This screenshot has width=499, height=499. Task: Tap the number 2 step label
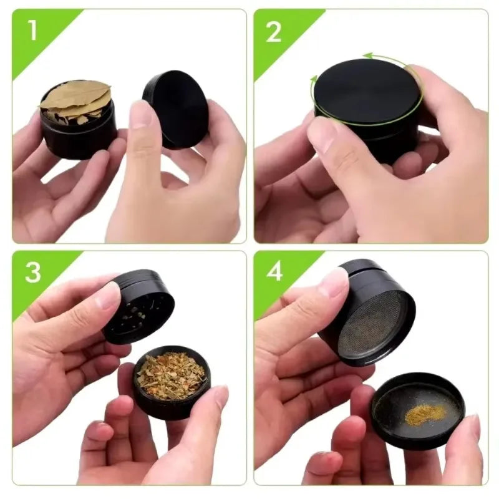click(274, 32)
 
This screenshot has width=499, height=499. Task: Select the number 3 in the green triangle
click(32, 273)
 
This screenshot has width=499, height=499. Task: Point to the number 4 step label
click(274, 272)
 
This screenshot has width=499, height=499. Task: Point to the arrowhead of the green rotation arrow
click(368, 56)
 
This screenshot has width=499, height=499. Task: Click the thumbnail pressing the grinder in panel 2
click(323, 133)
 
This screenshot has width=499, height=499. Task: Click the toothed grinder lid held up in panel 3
click(138, 306)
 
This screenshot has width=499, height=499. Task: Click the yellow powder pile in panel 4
click(425, 413)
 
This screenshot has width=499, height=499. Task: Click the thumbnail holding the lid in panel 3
click(108, 296)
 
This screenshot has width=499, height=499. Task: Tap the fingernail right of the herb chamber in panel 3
click(221, 397)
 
